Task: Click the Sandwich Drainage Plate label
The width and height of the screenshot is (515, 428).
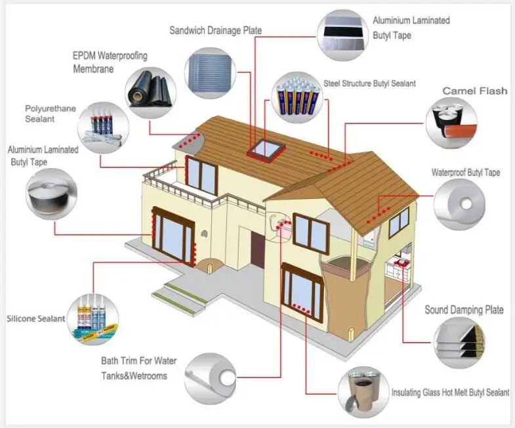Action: point(215,31)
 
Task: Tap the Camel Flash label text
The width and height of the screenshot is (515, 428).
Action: point(474,91)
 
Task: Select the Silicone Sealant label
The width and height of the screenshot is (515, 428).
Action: point(36,318)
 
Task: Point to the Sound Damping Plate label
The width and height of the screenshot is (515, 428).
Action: point(464,310)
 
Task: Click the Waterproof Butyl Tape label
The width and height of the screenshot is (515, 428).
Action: point(465,172)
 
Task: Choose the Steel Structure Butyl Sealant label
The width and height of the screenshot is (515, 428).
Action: point(369,83)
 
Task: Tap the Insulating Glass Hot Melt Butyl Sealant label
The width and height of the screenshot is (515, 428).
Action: point(450,393)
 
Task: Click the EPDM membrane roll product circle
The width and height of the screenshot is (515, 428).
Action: point(151,93)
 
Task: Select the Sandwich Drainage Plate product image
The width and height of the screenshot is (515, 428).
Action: point(210,73)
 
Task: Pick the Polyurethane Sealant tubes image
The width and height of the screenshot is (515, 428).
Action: point(103,127)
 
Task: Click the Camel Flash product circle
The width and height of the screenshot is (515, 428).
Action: point(451,123)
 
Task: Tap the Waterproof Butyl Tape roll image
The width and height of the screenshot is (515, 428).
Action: point(459,204)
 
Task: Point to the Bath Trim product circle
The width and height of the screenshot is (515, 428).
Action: point(210,379)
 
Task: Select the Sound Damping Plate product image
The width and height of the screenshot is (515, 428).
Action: point(459,342)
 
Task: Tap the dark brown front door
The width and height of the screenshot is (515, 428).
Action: point(258,249)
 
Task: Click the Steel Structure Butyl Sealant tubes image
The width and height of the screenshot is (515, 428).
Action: point(297,97)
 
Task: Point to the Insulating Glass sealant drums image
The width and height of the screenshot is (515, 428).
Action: point(363,392)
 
